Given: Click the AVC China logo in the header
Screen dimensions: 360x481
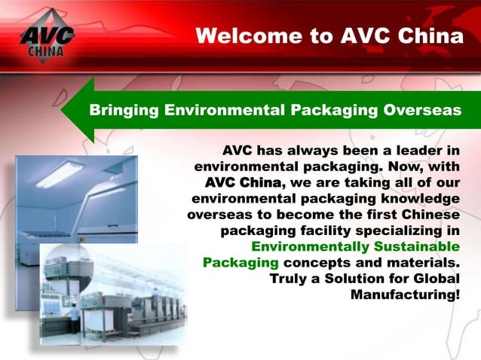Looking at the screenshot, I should [x=47, y=35].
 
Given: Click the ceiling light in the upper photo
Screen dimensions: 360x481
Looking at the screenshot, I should [x=60, y=174].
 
